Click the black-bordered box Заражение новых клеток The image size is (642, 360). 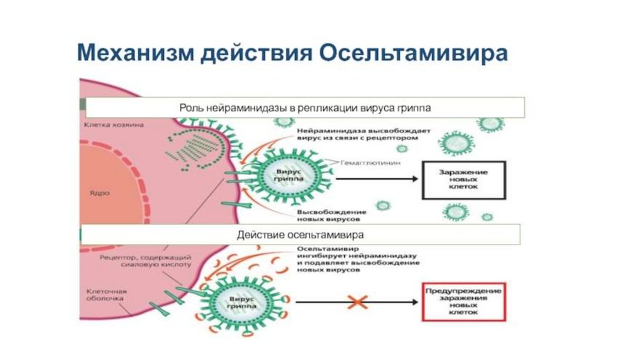tap(464, 179)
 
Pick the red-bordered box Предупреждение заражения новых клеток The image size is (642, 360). tap(463, 302)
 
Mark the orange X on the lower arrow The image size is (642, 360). tap(357, 302)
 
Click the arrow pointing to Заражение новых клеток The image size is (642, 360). tap(376, 179)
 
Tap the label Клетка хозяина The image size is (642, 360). tap(113, 125)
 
